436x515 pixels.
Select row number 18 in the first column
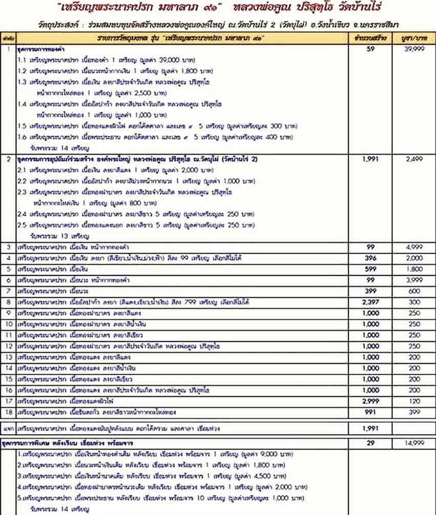point(8,412)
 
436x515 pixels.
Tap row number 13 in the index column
point(8,357)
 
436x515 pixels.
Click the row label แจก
point(8,427)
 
